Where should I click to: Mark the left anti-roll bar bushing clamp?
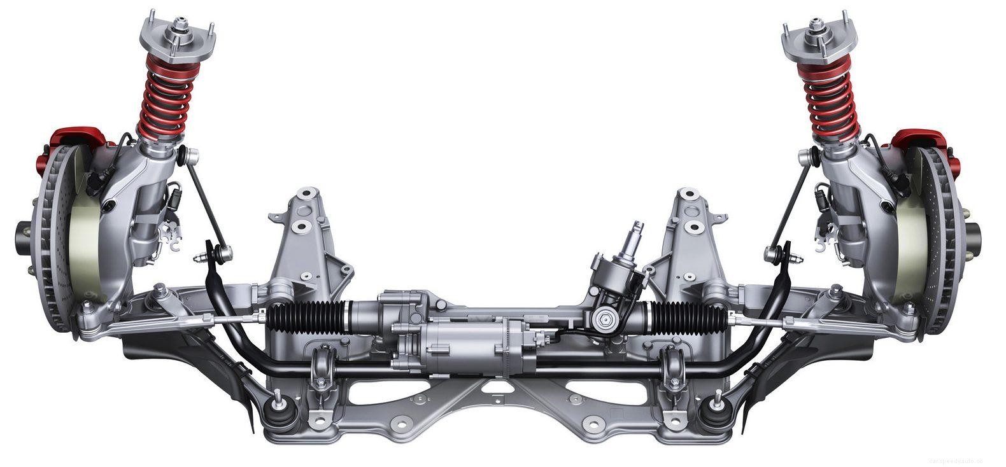coord(322,367)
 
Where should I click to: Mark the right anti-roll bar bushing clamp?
coord(672,367)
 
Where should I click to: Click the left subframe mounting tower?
coord(306,235)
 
